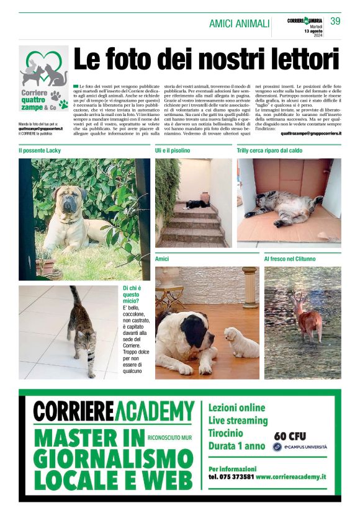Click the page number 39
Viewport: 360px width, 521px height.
point(335,21)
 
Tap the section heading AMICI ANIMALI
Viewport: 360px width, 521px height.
point(239,24)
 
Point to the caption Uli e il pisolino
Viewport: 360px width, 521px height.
point(173,151)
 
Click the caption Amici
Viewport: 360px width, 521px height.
point(163,258)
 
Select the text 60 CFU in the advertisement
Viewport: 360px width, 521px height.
point(290,436)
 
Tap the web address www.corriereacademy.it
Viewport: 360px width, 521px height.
point(290,476)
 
